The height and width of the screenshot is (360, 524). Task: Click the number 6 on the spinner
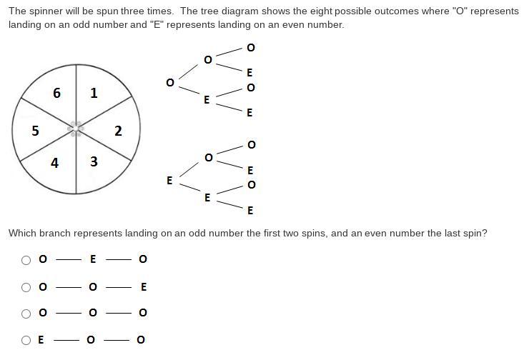click(56, 93)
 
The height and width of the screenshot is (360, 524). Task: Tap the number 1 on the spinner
click(94, 93)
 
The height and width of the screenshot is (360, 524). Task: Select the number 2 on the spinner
click(118, 131)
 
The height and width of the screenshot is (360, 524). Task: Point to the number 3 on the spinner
click(94, 162)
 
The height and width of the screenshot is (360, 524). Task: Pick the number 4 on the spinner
click(55, 163)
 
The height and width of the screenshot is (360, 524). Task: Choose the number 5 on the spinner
click(35, 131)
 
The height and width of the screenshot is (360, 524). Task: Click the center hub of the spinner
click(76, 129)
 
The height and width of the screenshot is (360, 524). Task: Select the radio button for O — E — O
click(26, 260)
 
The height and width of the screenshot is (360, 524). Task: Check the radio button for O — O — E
click(26, 287)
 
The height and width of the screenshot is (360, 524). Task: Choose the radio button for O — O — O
click(26, 314)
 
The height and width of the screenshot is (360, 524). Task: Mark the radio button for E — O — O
click(26, 340)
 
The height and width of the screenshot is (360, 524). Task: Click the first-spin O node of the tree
click(169, 83)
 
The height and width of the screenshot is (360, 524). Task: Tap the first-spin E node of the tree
click(169, 181)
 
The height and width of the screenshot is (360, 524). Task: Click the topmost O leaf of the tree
click(250, 48)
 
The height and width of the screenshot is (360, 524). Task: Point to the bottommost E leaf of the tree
click(250, 211)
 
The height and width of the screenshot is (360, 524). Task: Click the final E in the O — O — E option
click(144, 287)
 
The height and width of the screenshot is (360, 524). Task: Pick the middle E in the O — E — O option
click(93, 259)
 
